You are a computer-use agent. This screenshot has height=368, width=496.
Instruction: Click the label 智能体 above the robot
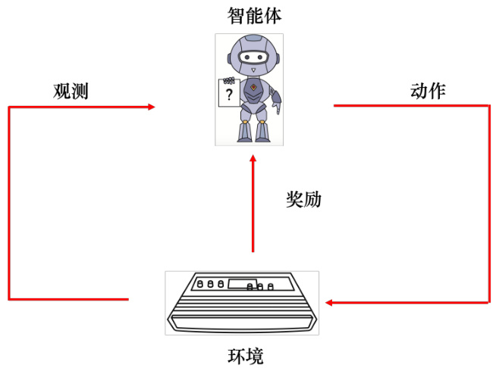(x=248, y=14)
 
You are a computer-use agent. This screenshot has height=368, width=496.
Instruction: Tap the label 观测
(x=71, y=92)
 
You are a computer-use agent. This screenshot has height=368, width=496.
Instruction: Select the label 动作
(x=428, y=92)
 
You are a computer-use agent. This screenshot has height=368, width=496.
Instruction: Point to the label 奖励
(x=303, y=199)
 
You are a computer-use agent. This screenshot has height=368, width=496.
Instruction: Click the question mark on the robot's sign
(x=229, y=95)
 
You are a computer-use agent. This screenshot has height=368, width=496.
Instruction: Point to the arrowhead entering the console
(x=331, y=303)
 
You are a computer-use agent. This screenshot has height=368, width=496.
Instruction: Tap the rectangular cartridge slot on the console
(x=242, y=285)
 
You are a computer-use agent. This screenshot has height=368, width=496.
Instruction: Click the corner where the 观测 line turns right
(x=9, y=108)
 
